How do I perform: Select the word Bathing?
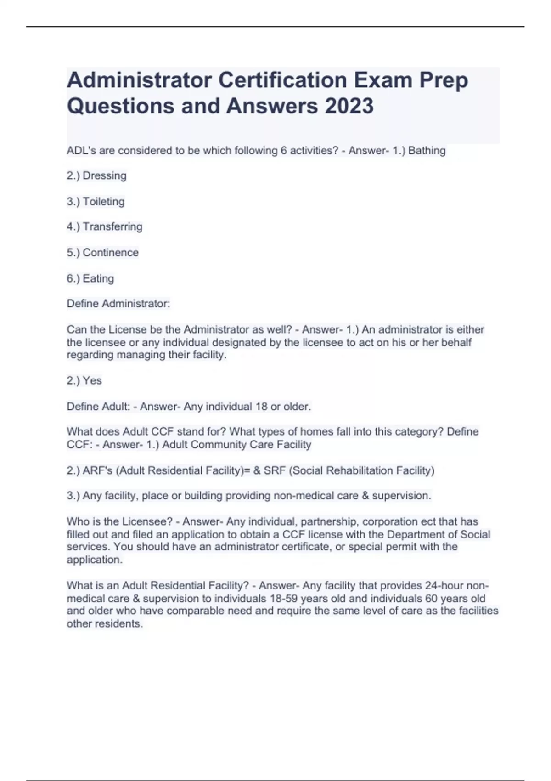coord(427,151)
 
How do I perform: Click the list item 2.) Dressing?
coord(96,175)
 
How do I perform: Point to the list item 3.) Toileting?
coord(96,201)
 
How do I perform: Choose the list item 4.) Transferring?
coord(104,226)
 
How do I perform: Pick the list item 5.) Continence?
coord(102,252)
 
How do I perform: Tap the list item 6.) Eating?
coord(90,278)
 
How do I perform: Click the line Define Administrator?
coord(118,304)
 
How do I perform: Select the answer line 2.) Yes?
coord(84,380)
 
